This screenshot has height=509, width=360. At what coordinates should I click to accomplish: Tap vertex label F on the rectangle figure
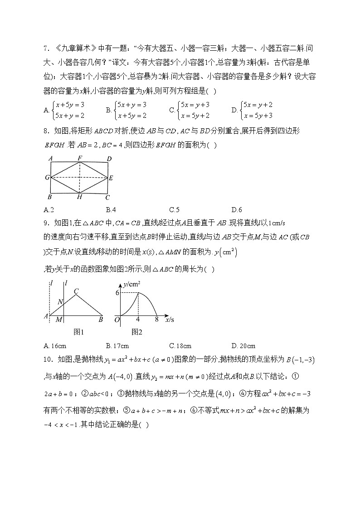click(80, 158)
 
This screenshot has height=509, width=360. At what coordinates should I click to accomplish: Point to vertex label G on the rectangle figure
click(47, 177)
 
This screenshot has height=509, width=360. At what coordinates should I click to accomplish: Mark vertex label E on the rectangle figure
click(111, 178)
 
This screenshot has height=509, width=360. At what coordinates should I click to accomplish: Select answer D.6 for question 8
click(236, 209)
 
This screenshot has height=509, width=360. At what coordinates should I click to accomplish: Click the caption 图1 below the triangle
click(79, 332)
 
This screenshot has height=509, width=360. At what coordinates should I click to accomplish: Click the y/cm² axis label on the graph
click(131, 284)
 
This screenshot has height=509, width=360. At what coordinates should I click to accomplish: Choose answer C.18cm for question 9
click(180, 345)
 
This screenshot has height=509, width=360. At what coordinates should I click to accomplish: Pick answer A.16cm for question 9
click(54, 345)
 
